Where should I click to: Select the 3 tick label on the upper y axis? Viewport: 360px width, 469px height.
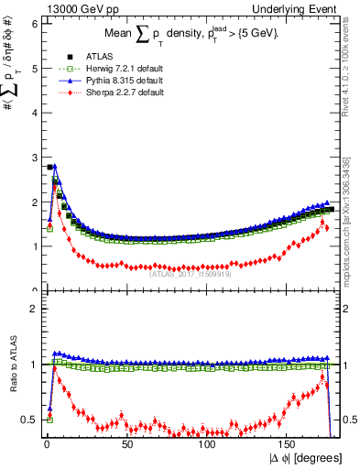[34, 158]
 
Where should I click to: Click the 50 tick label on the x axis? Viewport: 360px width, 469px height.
[126, 444]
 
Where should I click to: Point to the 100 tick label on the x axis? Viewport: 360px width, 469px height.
[208, 444]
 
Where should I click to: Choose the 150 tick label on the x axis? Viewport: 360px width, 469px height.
[289, 444]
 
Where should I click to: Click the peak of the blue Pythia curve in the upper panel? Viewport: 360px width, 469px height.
[55, 167]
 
